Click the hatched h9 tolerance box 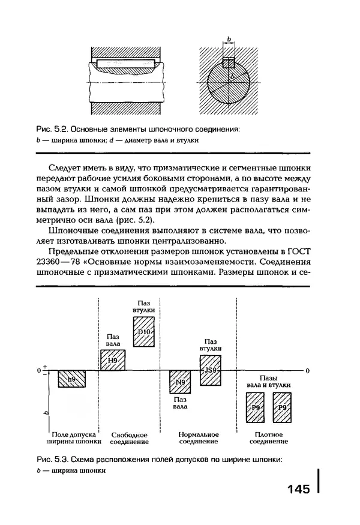click(x=71, y=380)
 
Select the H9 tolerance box click(x=112, y=360)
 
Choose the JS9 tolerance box click(x=210, y=369)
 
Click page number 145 click(x=298, y=490)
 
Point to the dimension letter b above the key click(x=229, y=38)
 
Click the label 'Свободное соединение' click(x=129, y=437)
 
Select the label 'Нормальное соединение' click(x=199, y=437)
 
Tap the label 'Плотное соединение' click(x=268, y=437)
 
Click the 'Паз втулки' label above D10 click(x=144, y=306)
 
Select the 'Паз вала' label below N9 click(x=179, y=402)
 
